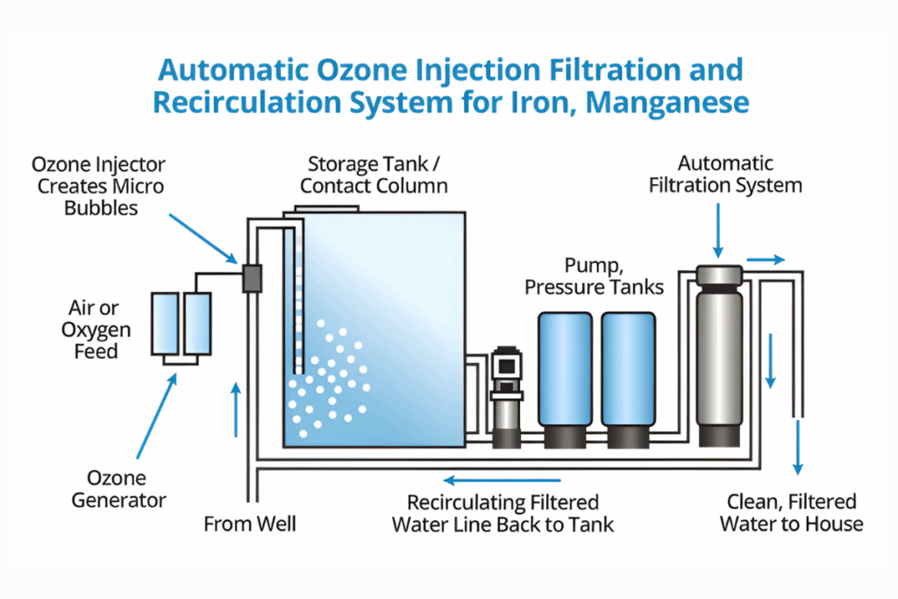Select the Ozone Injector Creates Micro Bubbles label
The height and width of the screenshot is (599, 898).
pyautogui.click(x=98, y=187)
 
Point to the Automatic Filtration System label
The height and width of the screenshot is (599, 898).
pyautogui.click(x=726, y=174)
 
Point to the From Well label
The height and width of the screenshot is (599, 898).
pyautogui.click(x=250, y=524)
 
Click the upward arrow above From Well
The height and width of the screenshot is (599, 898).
pyautogui.click(x=235, y=409)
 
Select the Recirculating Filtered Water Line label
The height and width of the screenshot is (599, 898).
pyautogui.click(x=502, y=514)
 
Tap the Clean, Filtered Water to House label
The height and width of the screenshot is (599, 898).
pyautogui.click(x=791, y=513)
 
